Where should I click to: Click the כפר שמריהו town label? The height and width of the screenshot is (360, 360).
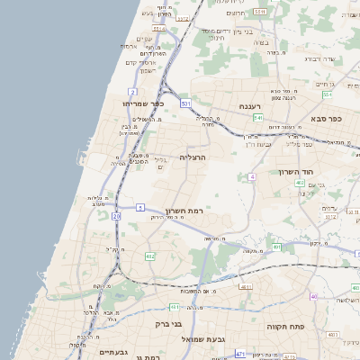point(142,103)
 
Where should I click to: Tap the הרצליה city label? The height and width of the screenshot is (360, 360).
point(194,157)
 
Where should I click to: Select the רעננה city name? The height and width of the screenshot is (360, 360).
point(249,106)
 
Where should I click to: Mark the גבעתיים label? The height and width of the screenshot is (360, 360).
point(114,352)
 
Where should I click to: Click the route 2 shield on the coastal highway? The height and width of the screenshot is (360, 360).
point(132,92)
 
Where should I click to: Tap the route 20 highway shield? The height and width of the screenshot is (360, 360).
point(116,216)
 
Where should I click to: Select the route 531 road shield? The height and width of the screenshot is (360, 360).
point(185,104)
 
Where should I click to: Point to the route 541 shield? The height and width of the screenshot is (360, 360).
point(257,117)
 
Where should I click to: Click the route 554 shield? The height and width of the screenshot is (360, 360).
point(328,94)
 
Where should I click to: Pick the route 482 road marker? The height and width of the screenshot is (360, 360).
point(149,256)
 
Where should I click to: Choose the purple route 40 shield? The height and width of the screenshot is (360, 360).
point(313,296)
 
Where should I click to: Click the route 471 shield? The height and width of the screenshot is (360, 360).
point(239,355)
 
